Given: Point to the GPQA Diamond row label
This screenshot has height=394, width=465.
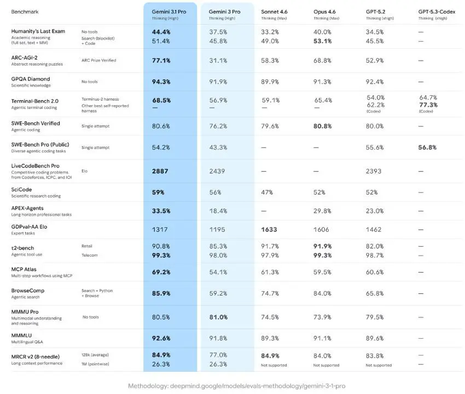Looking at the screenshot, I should (x=31, y=79).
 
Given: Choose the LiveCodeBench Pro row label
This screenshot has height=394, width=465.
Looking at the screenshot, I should (x=36, y=165).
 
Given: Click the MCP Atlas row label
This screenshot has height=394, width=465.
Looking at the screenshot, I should (x=24, y=269).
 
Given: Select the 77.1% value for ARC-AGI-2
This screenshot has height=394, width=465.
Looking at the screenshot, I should (x=161, y=60).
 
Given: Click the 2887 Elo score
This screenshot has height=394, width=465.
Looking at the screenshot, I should (x=160, y=171).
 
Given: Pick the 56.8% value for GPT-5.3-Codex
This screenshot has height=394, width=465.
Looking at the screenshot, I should (x=428, y=147).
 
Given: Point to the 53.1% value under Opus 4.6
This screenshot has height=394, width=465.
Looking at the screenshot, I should (x=323, y=40).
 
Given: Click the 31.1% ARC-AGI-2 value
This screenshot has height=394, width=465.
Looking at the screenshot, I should (x=218, y=60).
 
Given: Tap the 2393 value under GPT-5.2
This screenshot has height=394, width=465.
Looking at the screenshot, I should (x=375, y=171).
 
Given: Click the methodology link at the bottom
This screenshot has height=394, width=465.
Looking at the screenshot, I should (x=233, y=386).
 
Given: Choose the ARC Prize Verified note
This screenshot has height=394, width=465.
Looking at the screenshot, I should (x=98, y=60).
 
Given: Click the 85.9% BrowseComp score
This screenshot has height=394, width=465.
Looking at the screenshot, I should (x=161, y=293).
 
